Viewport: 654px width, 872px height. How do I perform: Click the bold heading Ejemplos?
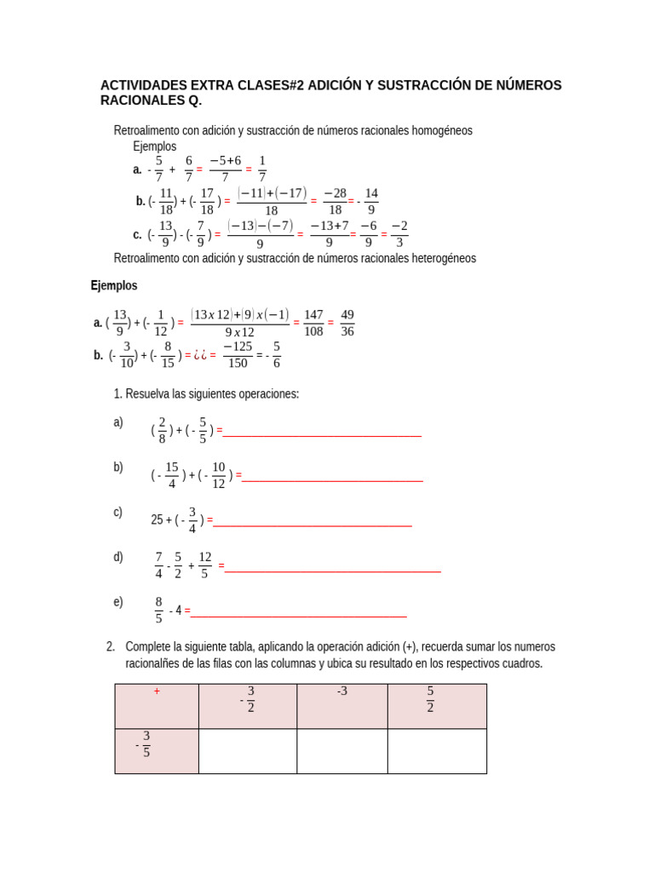click(114, 285)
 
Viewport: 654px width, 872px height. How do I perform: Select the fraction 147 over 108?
click(313, 323)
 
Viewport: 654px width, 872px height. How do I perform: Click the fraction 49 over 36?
click(347, 323)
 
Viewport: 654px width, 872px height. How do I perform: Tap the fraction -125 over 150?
click(238, 355)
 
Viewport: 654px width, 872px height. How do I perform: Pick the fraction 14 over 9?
click(371, 201)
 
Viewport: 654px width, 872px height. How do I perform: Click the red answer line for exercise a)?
click(322, 435)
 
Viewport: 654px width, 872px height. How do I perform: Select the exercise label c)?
click(118, 512)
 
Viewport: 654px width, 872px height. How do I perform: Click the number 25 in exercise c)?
click(157, 519)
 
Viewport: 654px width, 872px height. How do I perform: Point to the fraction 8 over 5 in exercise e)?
click(158, 610)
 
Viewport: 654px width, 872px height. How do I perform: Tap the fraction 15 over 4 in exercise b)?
click(172, 475)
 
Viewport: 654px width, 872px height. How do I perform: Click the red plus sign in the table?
click(157, 691)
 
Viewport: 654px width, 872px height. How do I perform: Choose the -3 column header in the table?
click(341, 691)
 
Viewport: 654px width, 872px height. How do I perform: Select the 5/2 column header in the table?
click(431, 699)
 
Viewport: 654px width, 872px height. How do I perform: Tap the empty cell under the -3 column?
click(342, 751)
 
